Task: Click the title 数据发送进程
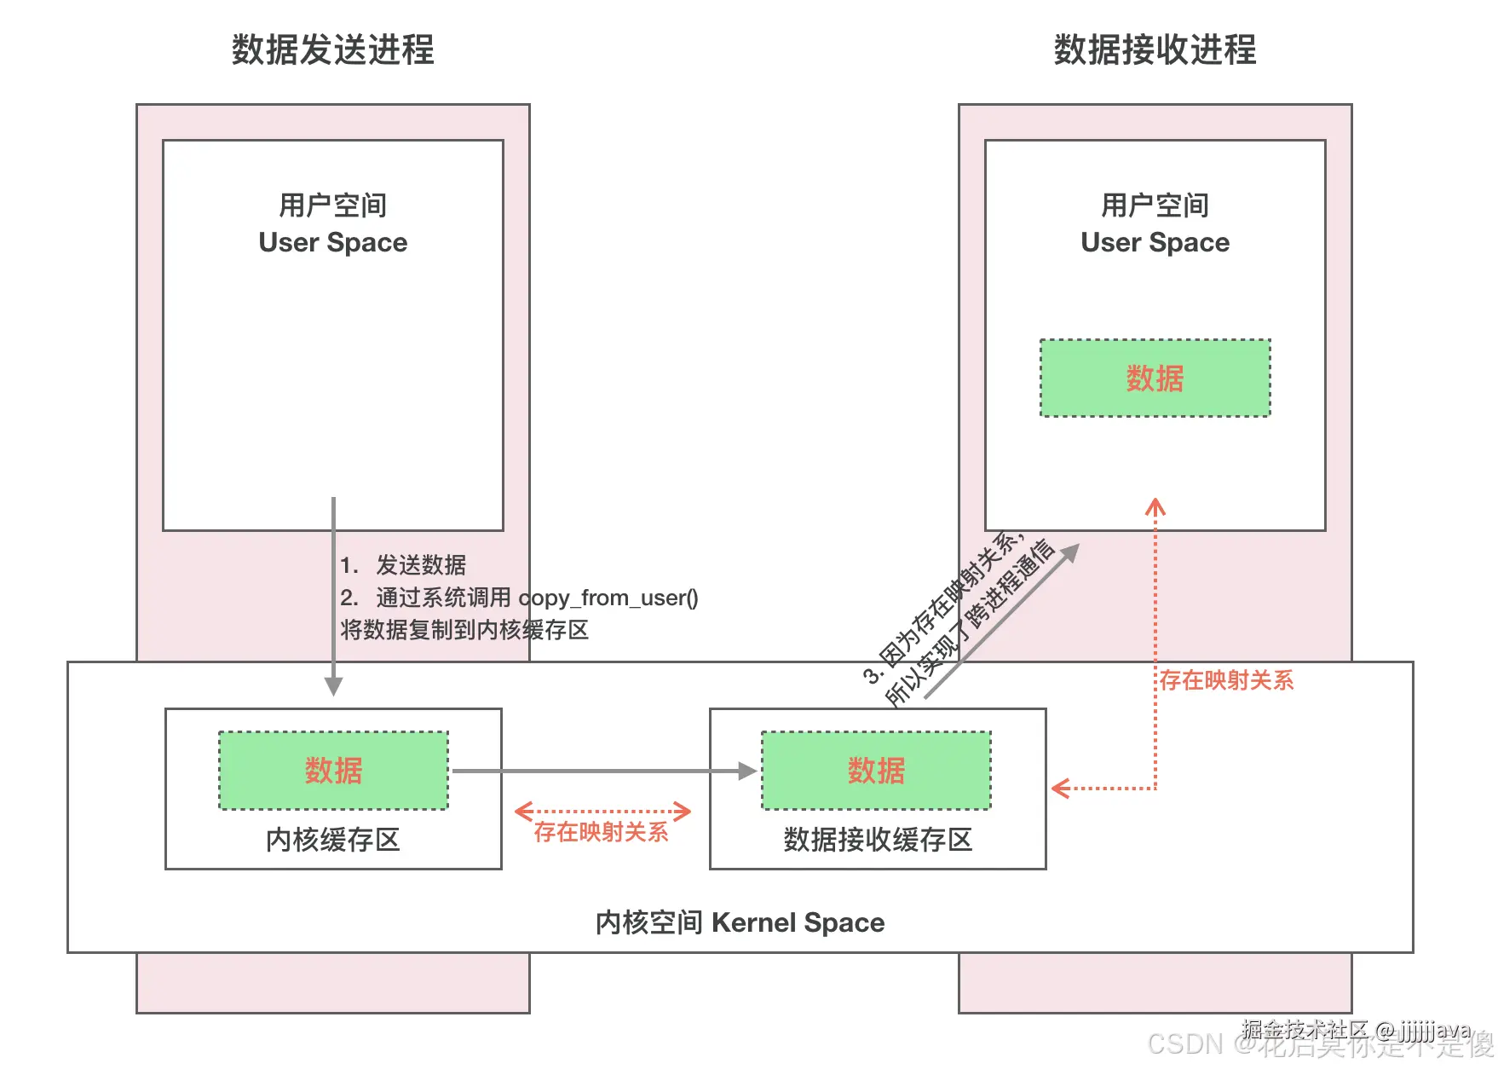point(332,49)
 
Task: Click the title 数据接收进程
point(1155,49)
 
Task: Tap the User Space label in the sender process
point(332,242)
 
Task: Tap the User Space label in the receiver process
point(1155,242)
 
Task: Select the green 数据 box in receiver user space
point(1155,378)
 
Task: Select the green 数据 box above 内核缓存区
point(333,771)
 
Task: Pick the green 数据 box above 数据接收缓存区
point(876,771)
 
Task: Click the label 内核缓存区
point(333,840)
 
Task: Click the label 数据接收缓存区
point(878,840)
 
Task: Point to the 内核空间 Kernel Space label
point(740,922)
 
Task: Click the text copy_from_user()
point(608,598)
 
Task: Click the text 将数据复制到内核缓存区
point(464,630)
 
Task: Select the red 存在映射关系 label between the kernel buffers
point(601,832)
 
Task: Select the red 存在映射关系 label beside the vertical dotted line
point(1226,680)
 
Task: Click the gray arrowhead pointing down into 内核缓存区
point(333,686)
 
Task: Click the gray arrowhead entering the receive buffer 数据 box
point(747,771)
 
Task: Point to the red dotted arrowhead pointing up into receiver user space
point(1155,507)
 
